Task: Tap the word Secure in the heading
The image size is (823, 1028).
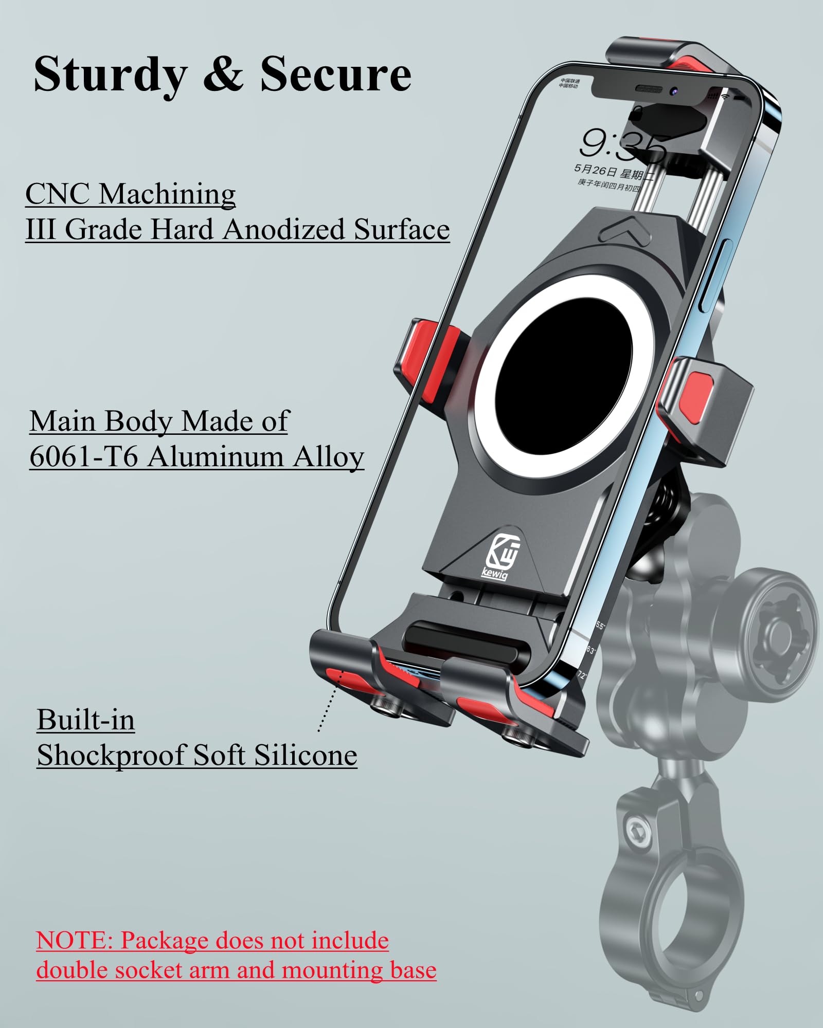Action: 335,74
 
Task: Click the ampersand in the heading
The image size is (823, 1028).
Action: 223,74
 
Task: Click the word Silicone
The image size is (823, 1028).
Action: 306,755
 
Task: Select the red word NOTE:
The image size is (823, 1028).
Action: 74,941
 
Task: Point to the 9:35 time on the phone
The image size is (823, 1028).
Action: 622,144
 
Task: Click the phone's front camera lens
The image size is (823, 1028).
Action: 674,91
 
